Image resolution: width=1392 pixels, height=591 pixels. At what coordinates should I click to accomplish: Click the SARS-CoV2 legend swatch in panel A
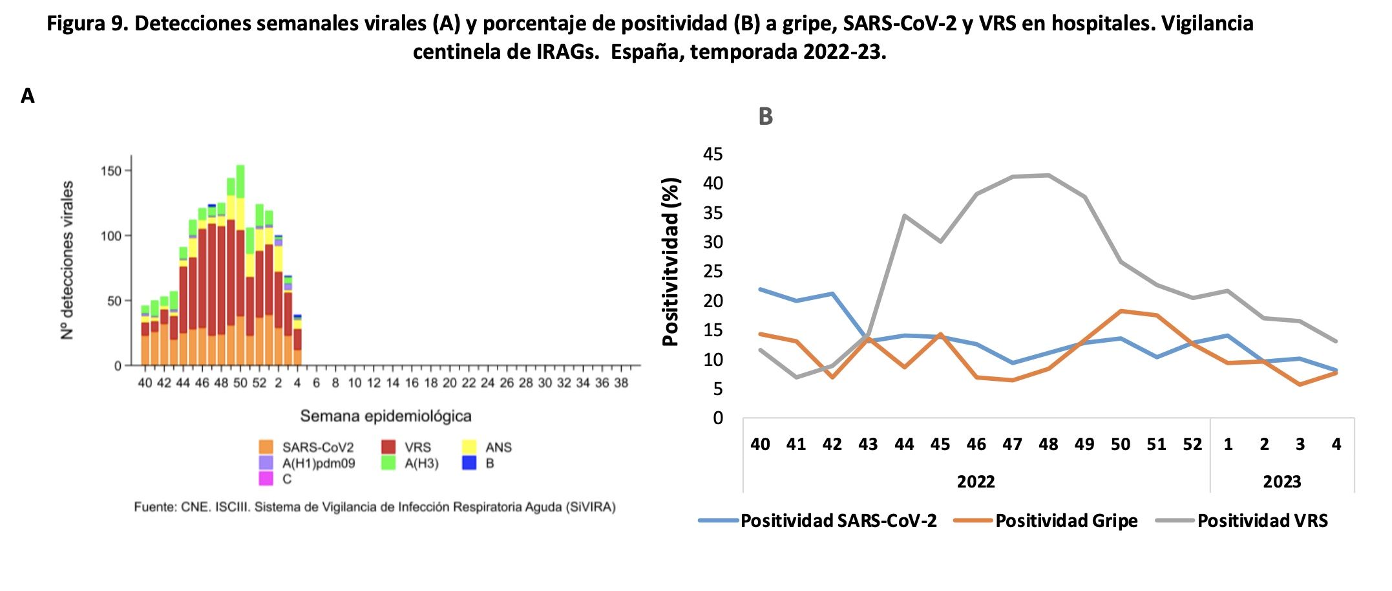[266, 447]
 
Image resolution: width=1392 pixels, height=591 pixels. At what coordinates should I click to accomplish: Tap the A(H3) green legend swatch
[388, 463]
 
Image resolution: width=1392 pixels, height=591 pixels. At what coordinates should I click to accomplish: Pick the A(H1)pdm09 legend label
[318, 463]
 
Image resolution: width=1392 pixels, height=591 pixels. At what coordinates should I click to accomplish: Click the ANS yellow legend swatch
[469, 447]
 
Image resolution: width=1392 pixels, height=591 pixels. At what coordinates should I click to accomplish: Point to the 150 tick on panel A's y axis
[111, 171]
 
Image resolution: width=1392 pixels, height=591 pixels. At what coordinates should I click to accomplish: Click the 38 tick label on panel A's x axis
[620, 383]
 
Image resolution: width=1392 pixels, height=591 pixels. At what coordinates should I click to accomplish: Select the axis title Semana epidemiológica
[386, 416]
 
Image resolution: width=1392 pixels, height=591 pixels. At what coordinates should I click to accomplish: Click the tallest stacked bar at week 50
[240, 265]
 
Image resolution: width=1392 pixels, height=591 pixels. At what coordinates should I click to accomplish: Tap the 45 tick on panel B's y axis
[713, 154]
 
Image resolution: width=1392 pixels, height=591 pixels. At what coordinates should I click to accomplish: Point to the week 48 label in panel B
[1048, 444]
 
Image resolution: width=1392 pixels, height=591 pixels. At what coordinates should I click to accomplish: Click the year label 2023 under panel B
[1281, 482]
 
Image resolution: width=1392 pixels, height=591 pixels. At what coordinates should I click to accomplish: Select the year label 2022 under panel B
[975, 482]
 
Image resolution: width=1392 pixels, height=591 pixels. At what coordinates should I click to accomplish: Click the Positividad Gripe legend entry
[1066, 521]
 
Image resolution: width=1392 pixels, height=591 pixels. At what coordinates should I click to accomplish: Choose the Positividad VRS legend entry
[1262, 521]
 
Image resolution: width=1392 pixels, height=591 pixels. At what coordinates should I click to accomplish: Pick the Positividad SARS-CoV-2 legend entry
[838, 521]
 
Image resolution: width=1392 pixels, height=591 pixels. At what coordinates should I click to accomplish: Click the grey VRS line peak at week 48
[1048, 175]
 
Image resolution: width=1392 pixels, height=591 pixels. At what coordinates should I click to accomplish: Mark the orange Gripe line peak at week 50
[1121, 311]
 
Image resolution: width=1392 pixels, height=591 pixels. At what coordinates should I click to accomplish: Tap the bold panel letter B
[765, 117]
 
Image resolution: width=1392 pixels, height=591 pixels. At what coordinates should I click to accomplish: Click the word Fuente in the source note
[154, 507]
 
